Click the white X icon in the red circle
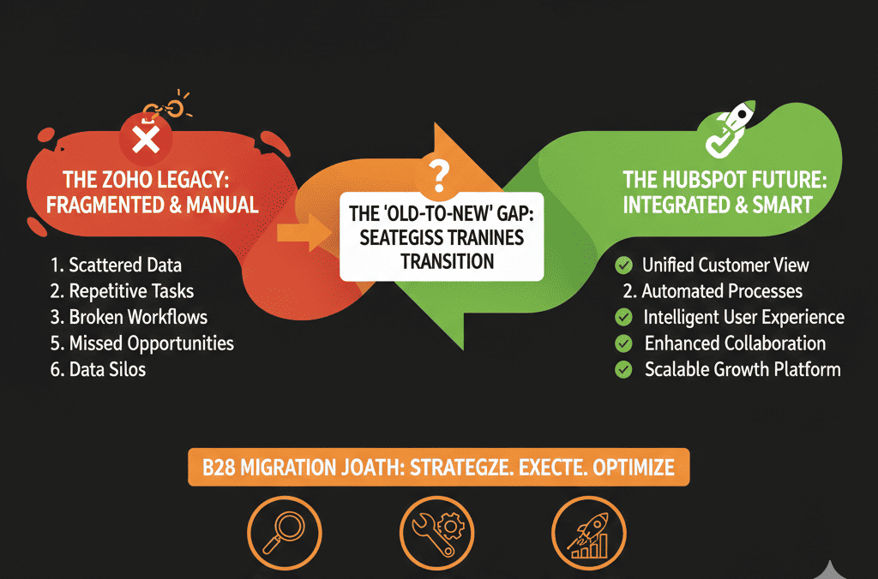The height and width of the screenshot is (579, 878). [x=146, y=139]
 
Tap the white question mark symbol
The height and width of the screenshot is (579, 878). [x=439, y=176]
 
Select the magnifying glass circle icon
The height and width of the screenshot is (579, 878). [x=285, y=533]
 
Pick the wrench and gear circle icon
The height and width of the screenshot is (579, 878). [x=436, y=533]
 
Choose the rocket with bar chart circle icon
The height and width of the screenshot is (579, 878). [x=588, y=533]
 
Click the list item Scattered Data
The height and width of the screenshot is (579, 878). [x=116, y=266]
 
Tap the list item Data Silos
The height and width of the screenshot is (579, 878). [x=98, y=370]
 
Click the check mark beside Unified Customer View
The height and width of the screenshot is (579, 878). [x=623, y=266]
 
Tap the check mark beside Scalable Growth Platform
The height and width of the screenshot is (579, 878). [x=623, y=370]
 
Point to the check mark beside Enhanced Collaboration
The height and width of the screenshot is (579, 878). [x=623, y=343]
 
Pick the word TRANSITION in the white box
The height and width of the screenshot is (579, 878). [x=447, y=261]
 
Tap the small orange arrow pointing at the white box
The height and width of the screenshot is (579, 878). [x=304, y=232]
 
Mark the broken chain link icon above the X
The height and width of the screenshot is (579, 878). [x=166, y=106]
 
